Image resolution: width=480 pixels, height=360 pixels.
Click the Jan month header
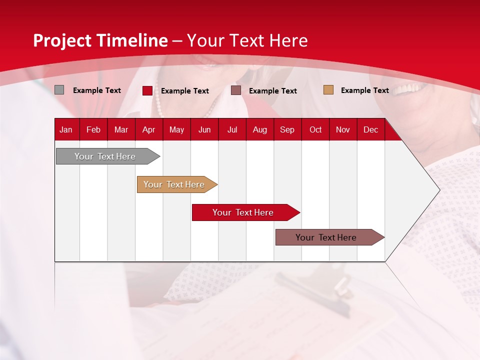click(x=66, y=129)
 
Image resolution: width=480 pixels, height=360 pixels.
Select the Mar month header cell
click(x=121, y=129)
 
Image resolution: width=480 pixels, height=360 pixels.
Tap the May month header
click(x=176, y=129)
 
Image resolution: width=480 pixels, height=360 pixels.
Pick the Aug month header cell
click(x=259, y=129)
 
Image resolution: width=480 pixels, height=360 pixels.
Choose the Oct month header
click(x=315, y=129)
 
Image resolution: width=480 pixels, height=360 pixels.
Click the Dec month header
click(x=370, y=129)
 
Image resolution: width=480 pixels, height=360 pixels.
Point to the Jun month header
click(x=204, y=129)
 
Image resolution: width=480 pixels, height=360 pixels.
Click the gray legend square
click(x=59, y=90)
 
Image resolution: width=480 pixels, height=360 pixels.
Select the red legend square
click(x=147, y=90)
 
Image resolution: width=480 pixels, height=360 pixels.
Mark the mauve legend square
click(x=236, y=90)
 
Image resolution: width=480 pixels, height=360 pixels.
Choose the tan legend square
click(x=328, y=90)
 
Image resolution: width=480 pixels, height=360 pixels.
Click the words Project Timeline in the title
click(x=100, y=40)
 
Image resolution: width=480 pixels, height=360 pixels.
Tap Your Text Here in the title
click(x=247, y=40)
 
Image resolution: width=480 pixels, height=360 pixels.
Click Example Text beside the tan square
click(x=364, y=90)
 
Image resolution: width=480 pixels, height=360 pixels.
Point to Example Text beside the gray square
click(x=97, y=90)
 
